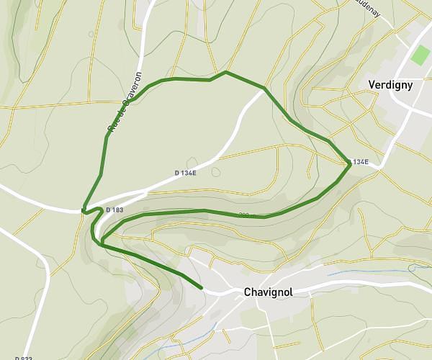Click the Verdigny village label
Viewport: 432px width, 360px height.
(x=390, y=84)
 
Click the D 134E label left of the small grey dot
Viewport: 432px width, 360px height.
(x=186, y=173)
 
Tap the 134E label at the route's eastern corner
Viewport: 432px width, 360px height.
(x=360, y=162)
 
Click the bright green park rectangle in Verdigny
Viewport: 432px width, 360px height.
(x=418, y=55)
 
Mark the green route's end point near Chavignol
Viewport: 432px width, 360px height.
(x=202, y=288)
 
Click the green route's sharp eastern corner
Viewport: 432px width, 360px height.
(x=351, y=164)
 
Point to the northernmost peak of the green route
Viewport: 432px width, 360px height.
(x=225, y=72)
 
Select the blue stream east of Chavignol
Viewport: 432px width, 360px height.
(x=353, y=273)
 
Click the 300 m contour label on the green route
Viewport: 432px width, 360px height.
(x=248, y=215)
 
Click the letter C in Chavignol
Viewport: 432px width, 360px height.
(x=248, y=292)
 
